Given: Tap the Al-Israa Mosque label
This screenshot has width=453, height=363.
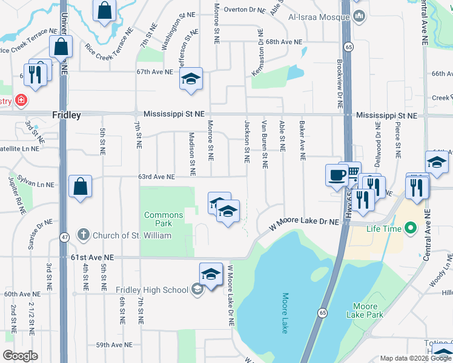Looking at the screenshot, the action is coord(317,18).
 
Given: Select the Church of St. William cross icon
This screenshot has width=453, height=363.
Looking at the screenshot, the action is coord(84,235).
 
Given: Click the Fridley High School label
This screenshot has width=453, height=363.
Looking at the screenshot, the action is coord(152,290).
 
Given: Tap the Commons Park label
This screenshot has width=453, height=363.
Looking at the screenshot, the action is coord(164,219).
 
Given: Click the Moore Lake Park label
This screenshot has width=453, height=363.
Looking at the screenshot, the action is coord(365,310).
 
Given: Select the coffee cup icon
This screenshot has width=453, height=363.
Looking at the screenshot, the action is coord(336,175).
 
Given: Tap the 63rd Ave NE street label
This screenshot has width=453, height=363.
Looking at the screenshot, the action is coord(156,177).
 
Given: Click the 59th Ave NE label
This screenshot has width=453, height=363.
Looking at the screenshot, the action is coord(114,345).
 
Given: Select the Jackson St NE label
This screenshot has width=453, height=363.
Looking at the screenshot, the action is coord(247,140).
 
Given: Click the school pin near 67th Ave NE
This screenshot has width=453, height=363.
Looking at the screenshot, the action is coord(191,79).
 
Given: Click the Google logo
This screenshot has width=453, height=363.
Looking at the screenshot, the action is coord(21,356).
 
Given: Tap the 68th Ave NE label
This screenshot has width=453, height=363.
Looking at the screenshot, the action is coord(283,42).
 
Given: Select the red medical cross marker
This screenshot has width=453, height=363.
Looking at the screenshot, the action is coord(21,99).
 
